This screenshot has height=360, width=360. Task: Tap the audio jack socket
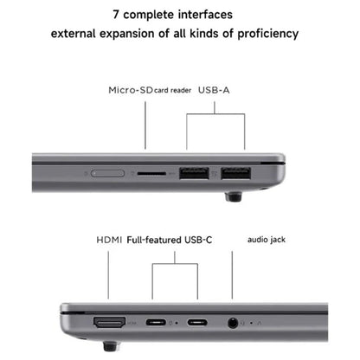pos(232,325)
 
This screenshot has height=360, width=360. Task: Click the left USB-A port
pos(195,174)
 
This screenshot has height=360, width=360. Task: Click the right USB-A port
pos(234,174)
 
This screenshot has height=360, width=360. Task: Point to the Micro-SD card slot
pos(152,174)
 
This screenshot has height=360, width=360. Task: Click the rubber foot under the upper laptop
pos(234,196)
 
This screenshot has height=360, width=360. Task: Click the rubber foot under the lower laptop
pos(110,347)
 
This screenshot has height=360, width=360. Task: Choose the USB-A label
pos(215,89)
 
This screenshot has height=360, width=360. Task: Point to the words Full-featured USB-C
pos(170,240)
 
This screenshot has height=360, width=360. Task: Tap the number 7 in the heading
pos(116,15)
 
